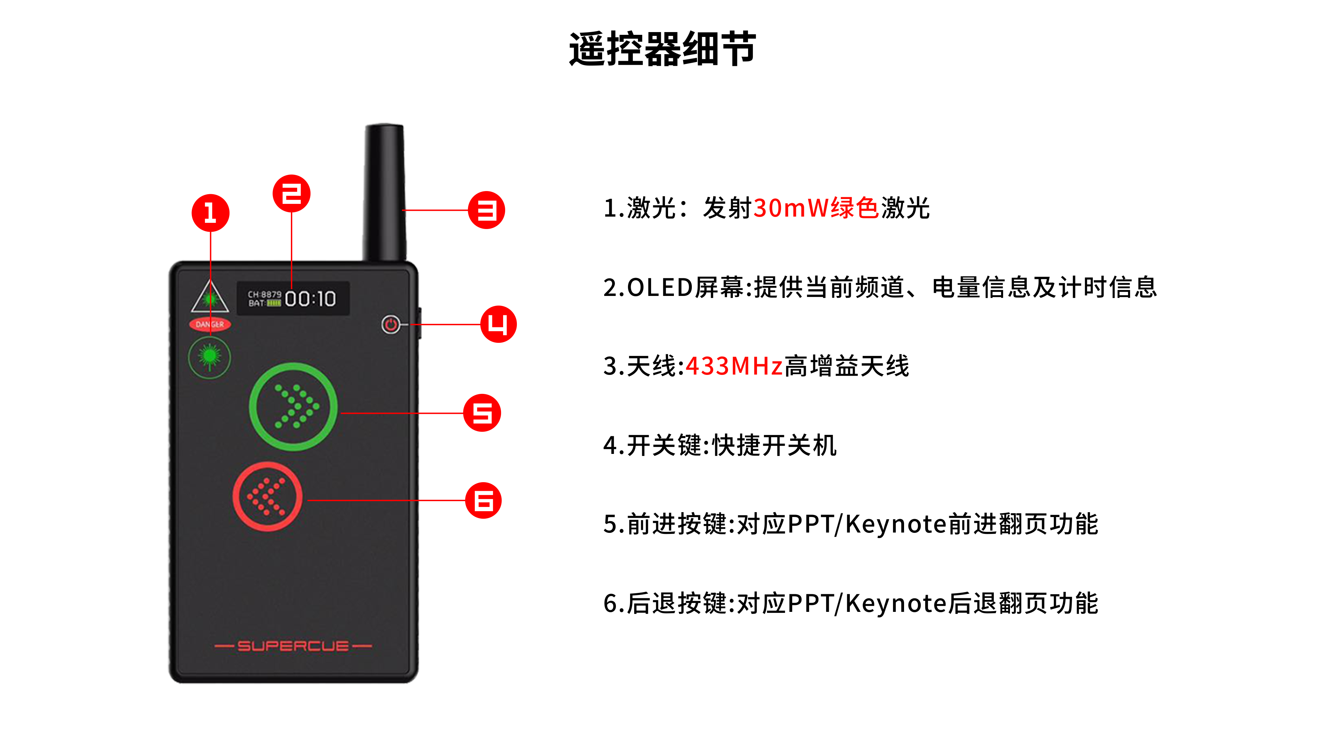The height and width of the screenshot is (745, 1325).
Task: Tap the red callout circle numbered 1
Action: pos(210,212)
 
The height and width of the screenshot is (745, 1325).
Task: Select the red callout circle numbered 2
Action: pos(292,193)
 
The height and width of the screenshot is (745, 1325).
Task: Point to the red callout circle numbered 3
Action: pos(487,210)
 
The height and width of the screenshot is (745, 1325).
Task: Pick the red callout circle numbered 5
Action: pos(482,413)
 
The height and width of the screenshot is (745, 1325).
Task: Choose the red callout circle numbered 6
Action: pos(483,500)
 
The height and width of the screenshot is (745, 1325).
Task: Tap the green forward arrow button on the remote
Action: pos(293,407)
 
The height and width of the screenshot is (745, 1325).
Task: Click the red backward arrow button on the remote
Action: pos(267,496)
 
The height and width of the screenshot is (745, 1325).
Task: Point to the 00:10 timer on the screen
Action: pos(311,299)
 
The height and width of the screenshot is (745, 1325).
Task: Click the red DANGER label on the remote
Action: pos(210,325)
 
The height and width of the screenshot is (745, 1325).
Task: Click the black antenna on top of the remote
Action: pos(385,193)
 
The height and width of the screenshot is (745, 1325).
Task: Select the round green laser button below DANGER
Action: pos(209,357)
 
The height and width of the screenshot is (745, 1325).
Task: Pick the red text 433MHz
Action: pos(734,366)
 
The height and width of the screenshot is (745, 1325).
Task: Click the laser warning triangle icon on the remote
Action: pos(210,296)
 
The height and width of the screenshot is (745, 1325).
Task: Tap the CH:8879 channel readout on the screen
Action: pos(264,295)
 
